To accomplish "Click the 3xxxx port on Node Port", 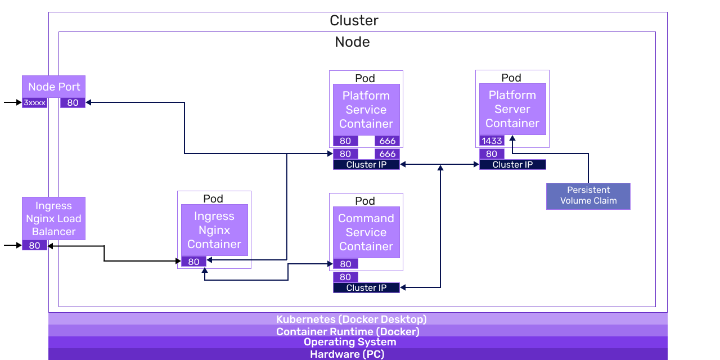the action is tap(35, 103).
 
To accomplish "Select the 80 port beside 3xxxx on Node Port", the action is tap(73, 103).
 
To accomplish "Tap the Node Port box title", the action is tap(53, 87).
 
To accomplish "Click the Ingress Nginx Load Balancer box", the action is tap(53, 219).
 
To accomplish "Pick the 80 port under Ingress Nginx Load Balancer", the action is tap(35, 245).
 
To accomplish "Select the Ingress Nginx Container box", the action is tap(214, 230).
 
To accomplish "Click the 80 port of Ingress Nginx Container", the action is tap(193, 262).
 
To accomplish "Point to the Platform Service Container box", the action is tap(366, 110).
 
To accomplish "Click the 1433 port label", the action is tap(492, 141).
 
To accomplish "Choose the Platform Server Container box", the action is tap(512, 109).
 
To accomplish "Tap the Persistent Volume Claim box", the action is tap(588, 196).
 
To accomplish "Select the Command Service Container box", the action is tap(366, 232).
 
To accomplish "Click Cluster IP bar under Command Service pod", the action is tap(366, 287).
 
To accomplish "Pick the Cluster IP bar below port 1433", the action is tap(512, 165).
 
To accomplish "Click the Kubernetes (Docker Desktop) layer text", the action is tap(352, 319).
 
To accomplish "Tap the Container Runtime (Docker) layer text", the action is tap(348, 331).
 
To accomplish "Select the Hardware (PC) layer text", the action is tap(347, 354).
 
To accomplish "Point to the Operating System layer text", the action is tap(350, 342).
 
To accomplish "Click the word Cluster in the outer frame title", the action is tap(354, 21).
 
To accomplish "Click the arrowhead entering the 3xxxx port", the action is tap(19, 102).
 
